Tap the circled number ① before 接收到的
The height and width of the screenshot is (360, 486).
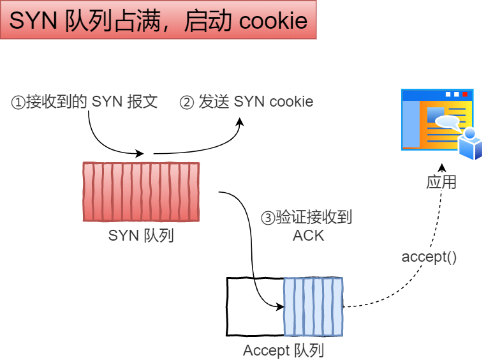[x=18, y=102]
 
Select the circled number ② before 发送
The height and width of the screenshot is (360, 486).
[x=186, y=102]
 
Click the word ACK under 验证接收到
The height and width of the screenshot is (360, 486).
[x=308, y=236]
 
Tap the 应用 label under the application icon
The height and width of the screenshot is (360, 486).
[x=441, y=182]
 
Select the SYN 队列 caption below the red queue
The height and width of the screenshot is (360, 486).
[x=141, y=236]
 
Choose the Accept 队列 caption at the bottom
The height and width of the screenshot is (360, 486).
[x=283, y=350]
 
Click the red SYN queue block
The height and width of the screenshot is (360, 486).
[x=141, y=191]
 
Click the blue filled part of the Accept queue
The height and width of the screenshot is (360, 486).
[x=313, y=306]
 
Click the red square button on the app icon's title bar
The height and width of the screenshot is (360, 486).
[x=466, y=94]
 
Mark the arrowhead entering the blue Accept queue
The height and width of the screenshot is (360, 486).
[x=280, y=306]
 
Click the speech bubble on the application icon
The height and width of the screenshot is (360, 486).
[x=446, y=121]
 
